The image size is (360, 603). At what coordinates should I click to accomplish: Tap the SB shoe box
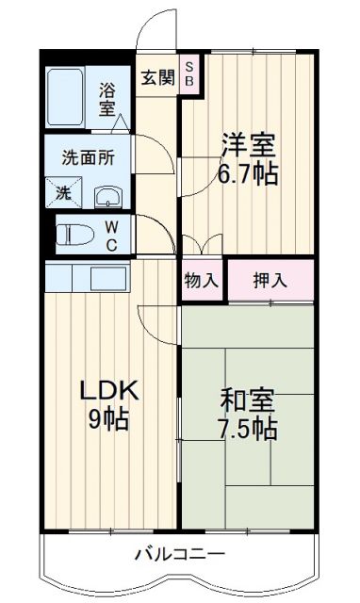(189, 73)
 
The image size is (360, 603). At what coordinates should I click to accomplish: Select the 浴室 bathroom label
(107, 97)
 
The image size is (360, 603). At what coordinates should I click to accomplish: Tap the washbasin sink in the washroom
(107, 195)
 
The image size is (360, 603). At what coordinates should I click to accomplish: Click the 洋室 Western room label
(249, 146)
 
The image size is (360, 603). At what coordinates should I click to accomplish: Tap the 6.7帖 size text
(250, 174)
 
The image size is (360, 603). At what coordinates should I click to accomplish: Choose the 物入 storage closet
(201, 280)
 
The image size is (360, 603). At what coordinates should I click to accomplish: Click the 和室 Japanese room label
(248, 399)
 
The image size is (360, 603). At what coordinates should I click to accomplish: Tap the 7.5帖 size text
(249, 429)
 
